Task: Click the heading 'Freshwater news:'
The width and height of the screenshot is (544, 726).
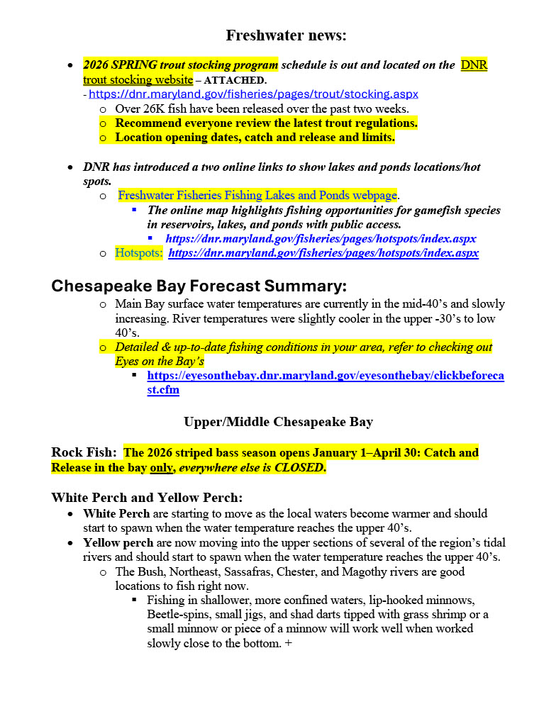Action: point(286,35)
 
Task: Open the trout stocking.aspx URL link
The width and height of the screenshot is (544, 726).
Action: point(253,94)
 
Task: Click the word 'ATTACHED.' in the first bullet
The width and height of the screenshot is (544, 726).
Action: point(235,80)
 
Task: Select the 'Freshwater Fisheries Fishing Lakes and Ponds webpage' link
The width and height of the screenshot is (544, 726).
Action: point(257,195)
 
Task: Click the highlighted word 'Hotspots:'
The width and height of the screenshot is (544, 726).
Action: point(139,252)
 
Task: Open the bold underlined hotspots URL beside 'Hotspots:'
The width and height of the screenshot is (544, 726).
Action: point(323,252)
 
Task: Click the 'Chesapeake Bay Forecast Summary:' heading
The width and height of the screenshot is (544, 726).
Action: point(199,286)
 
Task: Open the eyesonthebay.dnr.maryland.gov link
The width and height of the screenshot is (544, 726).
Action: point(326,375)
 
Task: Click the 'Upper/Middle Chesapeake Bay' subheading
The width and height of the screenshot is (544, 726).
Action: point(278,422)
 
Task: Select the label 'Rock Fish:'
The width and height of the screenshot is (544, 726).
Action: point(84,452)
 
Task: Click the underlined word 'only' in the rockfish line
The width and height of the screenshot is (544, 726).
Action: point(160,467)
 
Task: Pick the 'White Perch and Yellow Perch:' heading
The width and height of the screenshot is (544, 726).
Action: point(147,498)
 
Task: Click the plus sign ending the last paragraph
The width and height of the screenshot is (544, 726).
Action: point(289,643)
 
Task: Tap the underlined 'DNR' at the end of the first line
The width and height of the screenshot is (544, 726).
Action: point(474,65)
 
